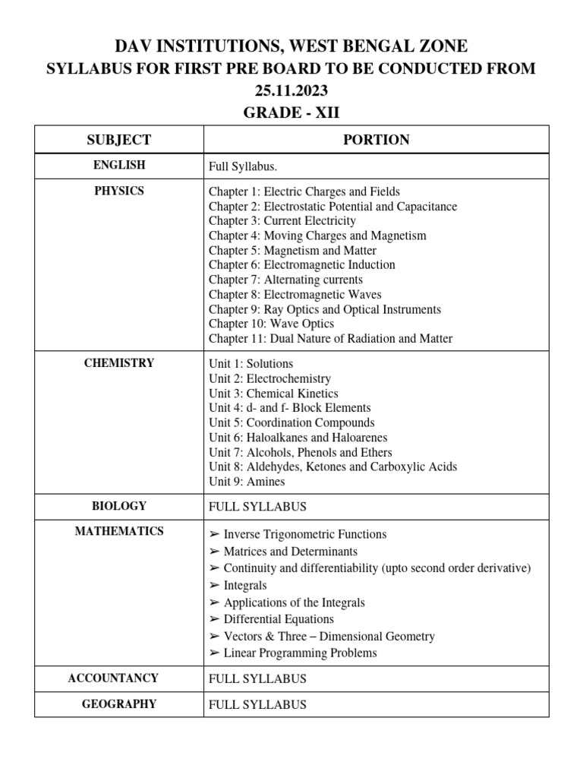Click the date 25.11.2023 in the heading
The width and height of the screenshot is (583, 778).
[x=291, y=90]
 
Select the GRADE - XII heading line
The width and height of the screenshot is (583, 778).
[x=291, y=112]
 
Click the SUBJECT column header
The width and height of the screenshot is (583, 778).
[x=119, y=140]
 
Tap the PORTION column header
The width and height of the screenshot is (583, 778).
[x=376, y=140]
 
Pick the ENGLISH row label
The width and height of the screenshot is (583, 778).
[x=119, y=165]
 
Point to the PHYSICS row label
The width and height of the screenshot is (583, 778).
[x=119, y=191]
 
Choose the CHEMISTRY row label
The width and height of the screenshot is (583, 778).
[x=119, y=363]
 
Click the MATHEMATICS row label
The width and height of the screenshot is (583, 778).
[x=119, y=531]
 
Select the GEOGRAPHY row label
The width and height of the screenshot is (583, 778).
[x=119, y=704]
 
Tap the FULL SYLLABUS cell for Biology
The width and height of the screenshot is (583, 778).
[x=257, y=507]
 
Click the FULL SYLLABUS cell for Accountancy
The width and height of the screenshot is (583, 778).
[x=257, y=678]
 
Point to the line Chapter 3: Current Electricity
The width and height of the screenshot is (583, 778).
[x=282, y=221]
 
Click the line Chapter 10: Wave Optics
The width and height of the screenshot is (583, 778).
[x=271, y=324]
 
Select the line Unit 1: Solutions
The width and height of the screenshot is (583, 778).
[x=251, y=364]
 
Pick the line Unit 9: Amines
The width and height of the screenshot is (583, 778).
[x=247, y=482]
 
